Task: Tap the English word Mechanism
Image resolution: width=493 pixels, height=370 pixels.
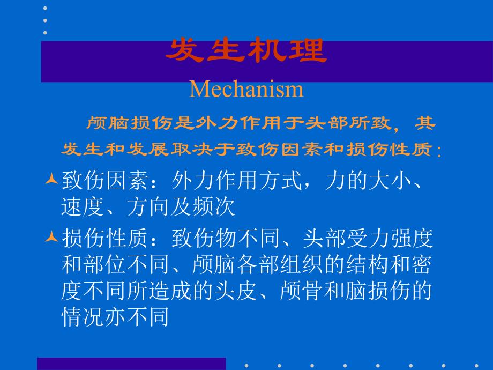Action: point(246,88)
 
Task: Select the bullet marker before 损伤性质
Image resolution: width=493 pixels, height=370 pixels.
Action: point(51,236)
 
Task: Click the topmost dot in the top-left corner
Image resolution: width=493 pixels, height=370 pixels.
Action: point(45,9)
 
